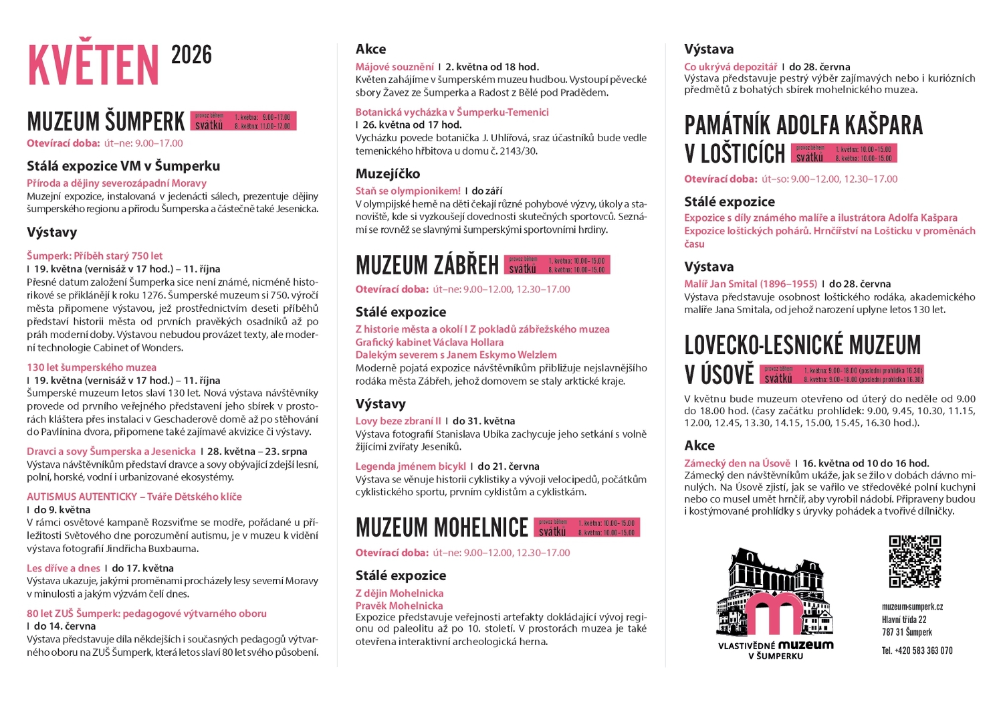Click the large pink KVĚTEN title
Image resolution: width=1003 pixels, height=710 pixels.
pos(93,65)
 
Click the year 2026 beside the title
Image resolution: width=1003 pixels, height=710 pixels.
pos(191,55)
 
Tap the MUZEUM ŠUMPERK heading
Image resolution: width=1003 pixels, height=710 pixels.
pos(106,122)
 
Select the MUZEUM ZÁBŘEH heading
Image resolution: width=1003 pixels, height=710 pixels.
pos(427,266)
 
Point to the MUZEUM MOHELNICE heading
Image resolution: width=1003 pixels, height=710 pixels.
pos(442,528)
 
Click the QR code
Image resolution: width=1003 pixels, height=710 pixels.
pos(914,561)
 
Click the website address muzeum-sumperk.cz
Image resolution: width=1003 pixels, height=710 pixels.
pos(912,607)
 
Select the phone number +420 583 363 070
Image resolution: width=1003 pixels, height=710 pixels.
pos(917,650)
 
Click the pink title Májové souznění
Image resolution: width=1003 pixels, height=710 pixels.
pos(395,67)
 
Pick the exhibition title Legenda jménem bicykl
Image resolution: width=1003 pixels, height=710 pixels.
pos(411,466)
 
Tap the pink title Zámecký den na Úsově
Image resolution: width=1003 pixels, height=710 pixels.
pos(737,463)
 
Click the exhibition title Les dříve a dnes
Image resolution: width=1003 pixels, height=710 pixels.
pos(64,568)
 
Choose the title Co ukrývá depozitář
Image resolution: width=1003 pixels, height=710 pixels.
pos(731,67)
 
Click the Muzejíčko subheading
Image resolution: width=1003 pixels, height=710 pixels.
pos(388,174)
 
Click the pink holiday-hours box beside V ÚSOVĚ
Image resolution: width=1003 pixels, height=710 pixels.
pos(842,374)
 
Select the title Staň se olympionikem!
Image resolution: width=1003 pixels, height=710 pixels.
pos(408,191)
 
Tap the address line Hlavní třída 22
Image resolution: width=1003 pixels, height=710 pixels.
pos(904,620)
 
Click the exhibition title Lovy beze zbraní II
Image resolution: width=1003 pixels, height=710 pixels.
pos(399,421)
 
